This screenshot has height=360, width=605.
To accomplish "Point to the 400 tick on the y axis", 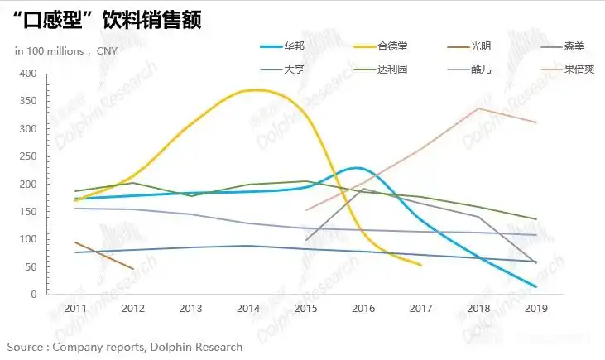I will tap(28, 74).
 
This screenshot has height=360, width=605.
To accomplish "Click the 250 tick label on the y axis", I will tap(28, 156).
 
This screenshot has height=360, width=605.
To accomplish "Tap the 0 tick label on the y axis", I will tap(34, 295).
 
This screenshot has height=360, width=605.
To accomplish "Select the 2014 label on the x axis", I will tap(249, 309).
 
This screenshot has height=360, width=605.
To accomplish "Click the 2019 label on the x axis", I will tap(536, 309).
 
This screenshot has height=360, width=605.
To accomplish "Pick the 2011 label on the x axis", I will tap(76, 309).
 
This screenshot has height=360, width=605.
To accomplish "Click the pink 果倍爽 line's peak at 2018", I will tap(478, 108).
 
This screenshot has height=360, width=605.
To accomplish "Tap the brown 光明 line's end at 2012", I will tap(132, 268).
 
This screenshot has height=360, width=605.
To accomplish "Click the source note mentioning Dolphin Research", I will tap(125, 347).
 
